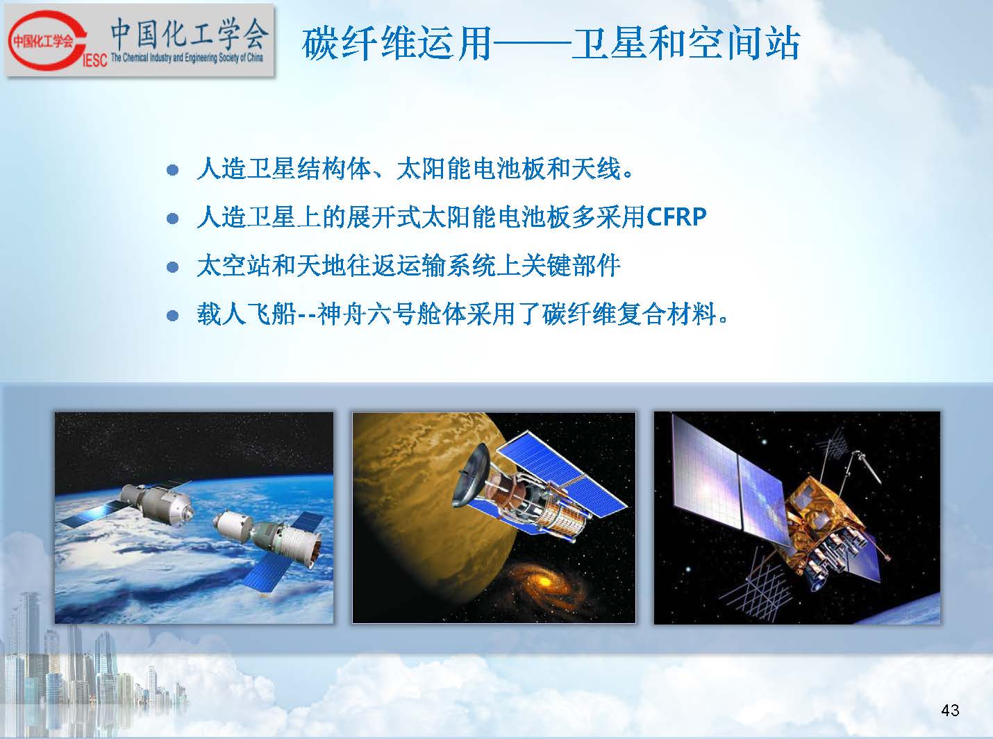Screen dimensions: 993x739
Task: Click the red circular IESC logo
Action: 44,41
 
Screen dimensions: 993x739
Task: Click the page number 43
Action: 950,710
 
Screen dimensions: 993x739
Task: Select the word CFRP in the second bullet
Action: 676,217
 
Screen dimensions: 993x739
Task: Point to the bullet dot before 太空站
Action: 172,268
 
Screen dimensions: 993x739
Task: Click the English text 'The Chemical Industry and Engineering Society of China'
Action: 187,58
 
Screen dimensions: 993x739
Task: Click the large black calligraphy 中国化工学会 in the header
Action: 190,33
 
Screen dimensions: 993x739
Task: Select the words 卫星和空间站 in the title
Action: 685,44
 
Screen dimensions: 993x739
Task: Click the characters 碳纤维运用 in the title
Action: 397,44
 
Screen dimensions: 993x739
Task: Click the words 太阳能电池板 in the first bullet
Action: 472,169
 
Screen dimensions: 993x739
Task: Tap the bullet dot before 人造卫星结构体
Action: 172,170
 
